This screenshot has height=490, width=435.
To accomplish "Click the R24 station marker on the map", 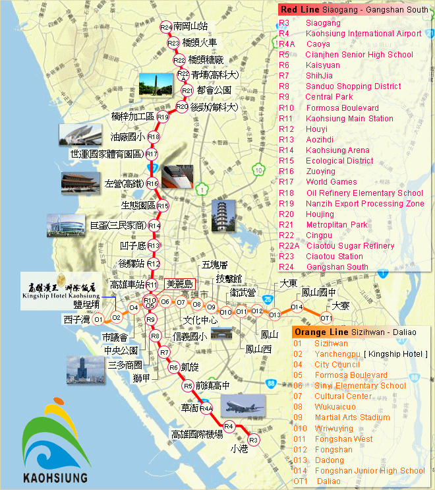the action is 165,27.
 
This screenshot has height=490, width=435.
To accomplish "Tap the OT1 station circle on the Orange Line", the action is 326,317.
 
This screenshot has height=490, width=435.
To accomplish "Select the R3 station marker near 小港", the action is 253,439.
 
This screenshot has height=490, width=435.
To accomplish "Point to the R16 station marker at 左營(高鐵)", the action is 152,183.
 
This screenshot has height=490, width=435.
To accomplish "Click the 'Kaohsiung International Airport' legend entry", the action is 364,34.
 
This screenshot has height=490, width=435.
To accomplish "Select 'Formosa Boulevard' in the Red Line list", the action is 342,108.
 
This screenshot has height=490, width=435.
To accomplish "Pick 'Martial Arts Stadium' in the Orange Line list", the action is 352,417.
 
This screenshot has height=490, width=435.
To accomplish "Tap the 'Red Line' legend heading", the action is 299,10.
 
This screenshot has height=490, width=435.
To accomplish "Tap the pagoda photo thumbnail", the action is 223,216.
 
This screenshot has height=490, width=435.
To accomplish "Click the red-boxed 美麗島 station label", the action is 179,284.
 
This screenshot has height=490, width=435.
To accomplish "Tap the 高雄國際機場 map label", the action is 196,435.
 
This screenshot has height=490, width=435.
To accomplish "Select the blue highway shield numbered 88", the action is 270,383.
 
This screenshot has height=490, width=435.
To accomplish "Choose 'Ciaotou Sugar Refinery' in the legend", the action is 350,246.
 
